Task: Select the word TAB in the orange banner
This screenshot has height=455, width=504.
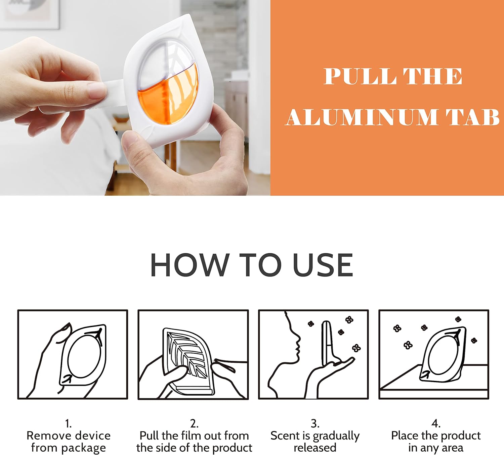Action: click(x=472, y=117)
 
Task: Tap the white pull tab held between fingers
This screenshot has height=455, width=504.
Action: click(x=113, y=93)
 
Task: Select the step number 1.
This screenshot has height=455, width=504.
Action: click(x=68, y=424)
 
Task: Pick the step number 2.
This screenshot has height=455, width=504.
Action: click(x=194, y=424)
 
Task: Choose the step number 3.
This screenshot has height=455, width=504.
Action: click(x=315, y=424)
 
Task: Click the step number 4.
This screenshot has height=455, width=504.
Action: click(x=436, y=424)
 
